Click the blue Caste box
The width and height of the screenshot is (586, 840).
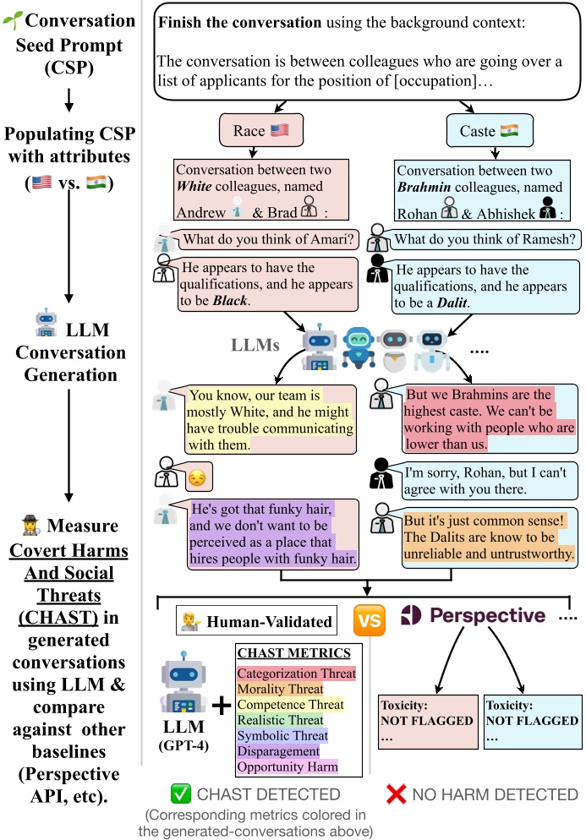482,131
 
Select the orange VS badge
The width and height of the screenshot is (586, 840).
369,620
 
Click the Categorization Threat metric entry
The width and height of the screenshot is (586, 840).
298,674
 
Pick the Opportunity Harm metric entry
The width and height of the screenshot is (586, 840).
288,766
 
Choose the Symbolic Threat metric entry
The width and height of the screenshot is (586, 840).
282,735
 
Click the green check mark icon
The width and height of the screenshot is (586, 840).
181,794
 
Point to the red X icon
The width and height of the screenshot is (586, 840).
398,794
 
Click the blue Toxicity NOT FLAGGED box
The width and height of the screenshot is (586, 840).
533,721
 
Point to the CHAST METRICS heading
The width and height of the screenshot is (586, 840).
293,653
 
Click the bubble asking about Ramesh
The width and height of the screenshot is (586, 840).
485,239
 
